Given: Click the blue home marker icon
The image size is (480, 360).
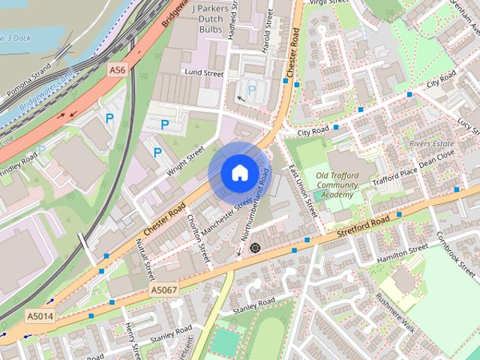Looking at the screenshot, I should (238, 173).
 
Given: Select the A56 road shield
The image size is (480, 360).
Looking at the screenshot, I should (116, 70).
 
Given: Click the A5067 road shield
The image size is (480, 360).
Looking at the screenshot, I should (164, 289).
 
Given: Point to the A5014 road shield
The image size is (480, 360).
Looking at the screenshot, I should (40, 316).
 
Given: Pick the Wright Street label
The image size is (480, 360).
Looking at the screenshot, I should (185, 160).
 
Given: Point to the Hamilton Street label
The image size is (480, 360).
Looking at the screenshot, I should (402, 252).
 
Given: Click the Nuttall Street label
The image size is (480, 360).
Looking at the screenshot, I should (144, 254).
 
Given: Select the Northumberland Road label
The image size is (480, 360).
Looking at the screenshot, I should (254, 210).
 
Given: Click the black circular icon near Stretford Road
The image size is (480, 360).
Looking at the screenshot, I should (255, 247).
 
